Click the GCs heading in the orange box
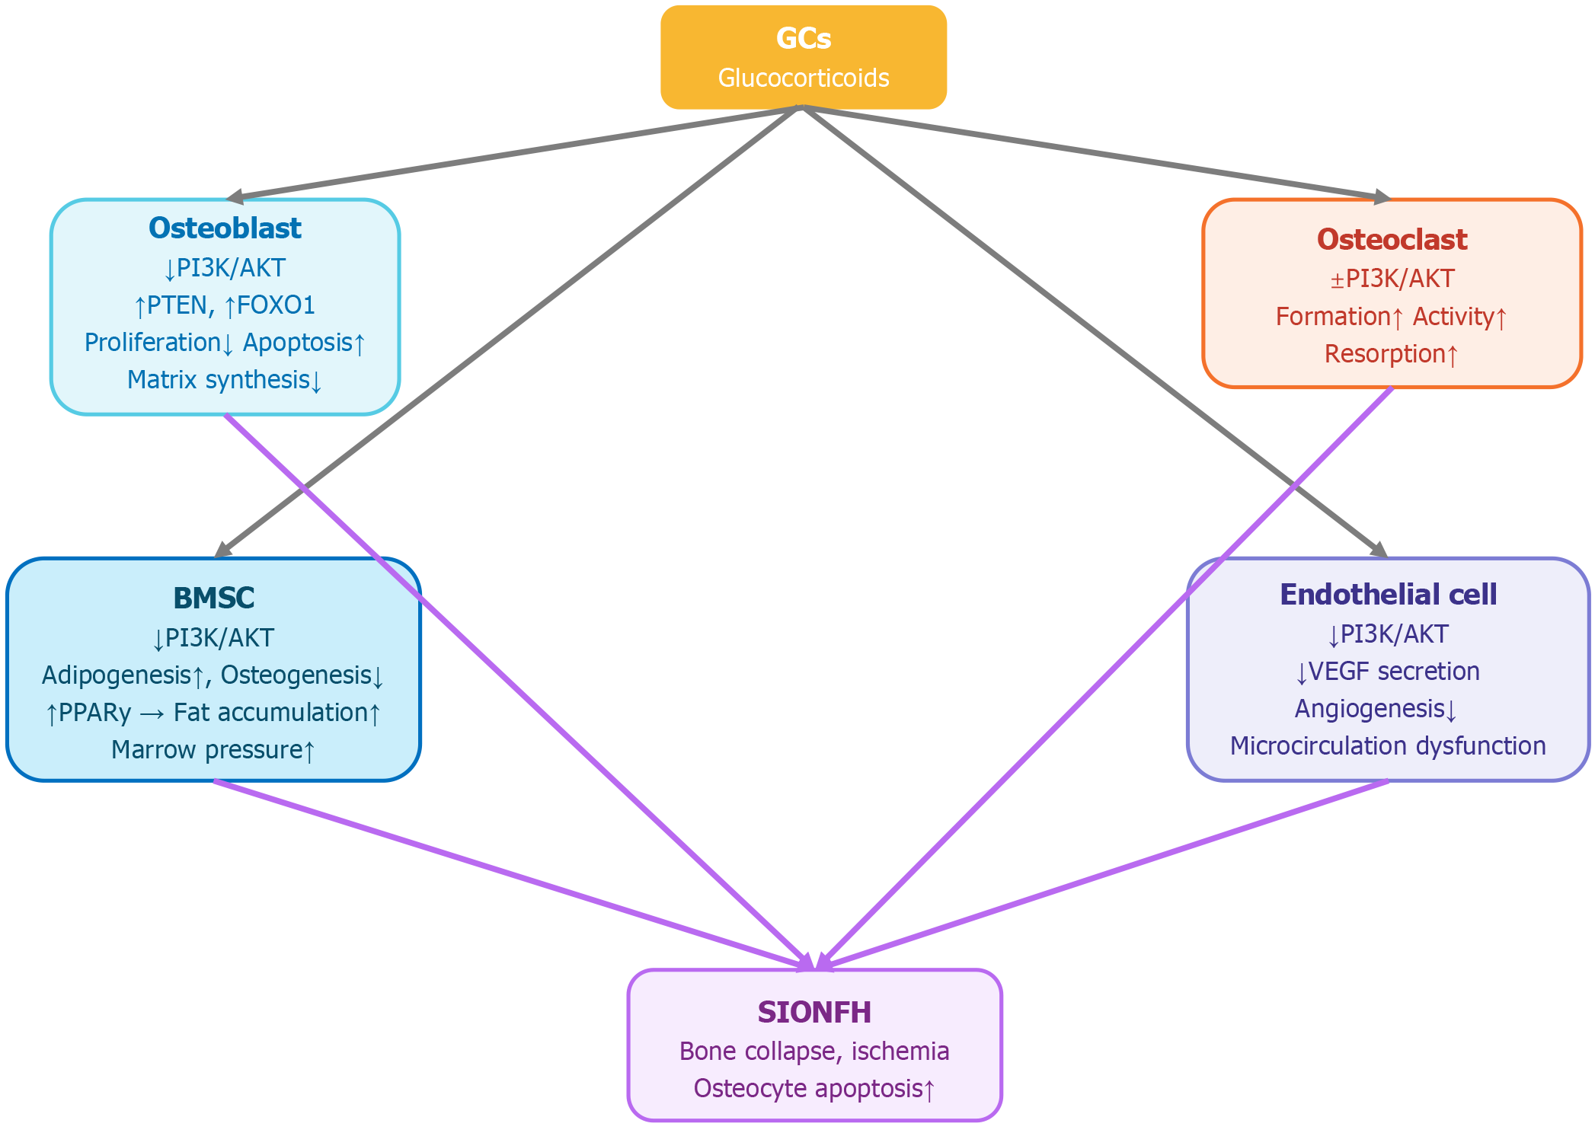click(803, 38)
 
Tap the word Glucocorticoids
click(803, 78)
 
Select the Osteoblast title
click(225, 228)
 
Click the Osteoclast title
click(1392, 239)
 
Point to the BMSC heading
click(213, 598)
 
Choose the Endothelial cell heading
click(1388, 594)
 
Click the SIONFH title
click(814, 1012)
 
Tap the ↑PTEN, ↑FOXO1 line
click(225, 305)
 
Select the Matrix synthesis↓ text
click(225, 379)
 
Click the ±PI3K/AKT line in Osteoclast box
click(1392, 279)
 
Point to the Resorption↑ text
click(1392, 354)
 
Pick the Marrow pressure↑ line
click(213, 750)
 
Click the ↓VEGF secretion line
click(1388, 672)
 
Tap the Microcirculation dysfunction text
click(1388, 746)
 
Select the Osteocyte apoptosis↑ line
click(814, 1089)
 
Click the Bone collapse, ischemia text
click(814, 1052)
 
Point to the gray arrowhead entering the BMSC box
click(222, 551)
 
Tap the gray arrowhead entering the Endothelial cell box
click(1379, 551)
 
